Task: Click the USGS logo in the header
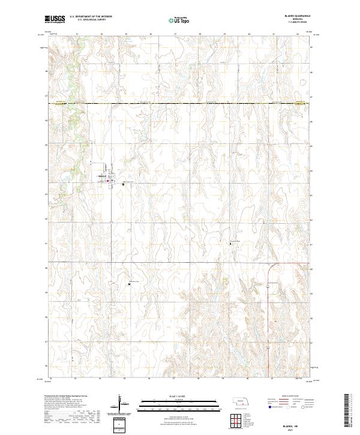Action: tap(54, 19)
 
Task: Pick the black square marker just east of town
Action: tap(123, 184)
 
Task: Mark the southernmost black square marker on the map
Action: tap(130, 284)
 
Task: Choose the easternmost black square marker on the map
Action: tap(235, 244)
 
